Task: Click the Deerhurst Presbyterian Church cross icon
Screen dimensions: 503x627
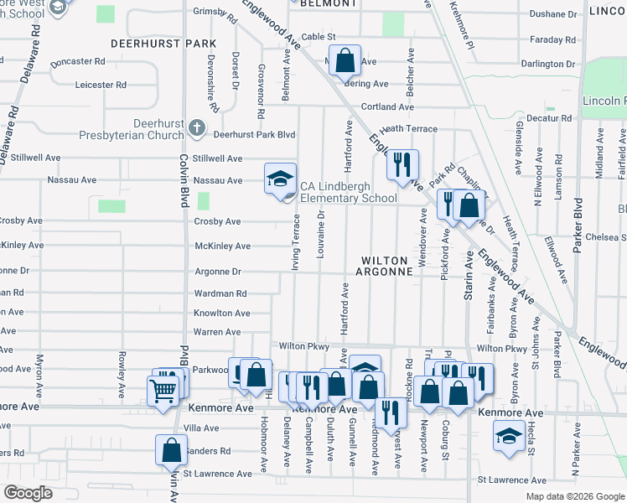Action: [197, 127]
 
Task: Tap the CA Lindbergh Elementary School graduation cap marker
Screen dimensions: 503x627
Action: [281, 178]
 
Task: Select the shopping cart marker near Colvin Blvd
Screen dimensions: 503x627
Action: [162, 390]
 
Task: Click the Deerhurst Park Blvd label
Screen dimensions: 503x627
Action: [254, 134]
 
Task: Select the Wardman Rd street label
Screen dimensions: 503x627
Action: [220, 293]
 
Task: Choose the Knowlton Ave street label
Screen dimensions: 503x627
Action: [221, 313]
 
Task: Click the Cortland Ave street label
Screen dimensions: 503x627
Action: [387, 106]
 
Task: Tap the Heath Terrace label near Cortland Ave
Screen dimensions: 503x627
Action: [408, 129]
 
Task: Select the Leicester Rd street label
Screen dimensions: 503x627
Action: [101, 85]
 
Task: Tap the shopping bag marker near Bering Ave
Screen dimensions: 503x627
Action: [345, 60]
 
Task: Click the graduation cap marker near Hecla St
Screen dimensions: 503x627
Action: [508, 436]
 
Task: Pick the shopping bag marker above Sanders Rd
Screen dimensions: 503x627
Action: [171, 451]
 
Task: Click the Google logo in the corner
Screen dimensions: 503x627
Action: [28, 493]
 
